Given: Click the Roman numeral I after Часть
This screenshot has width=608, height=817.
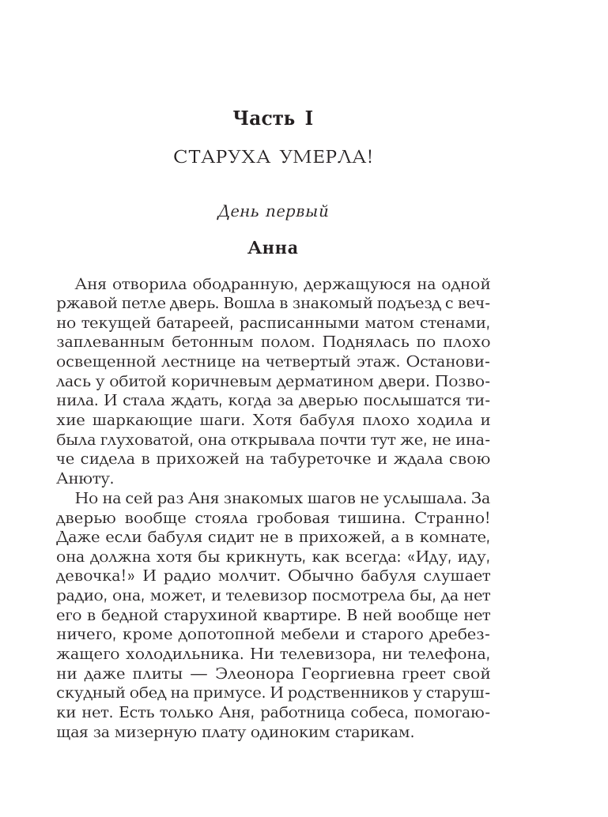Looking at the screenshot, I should [x=308, y=119].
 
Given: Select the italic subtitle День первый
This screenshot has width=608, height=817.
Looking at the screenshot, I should [x=273, y=212].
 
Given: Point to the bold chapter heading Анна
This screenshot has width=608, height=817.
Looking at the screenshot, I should [x=273, y=248].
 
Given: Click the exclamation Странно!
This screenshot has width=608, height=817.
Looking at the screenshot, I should [x=455, y=518].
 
